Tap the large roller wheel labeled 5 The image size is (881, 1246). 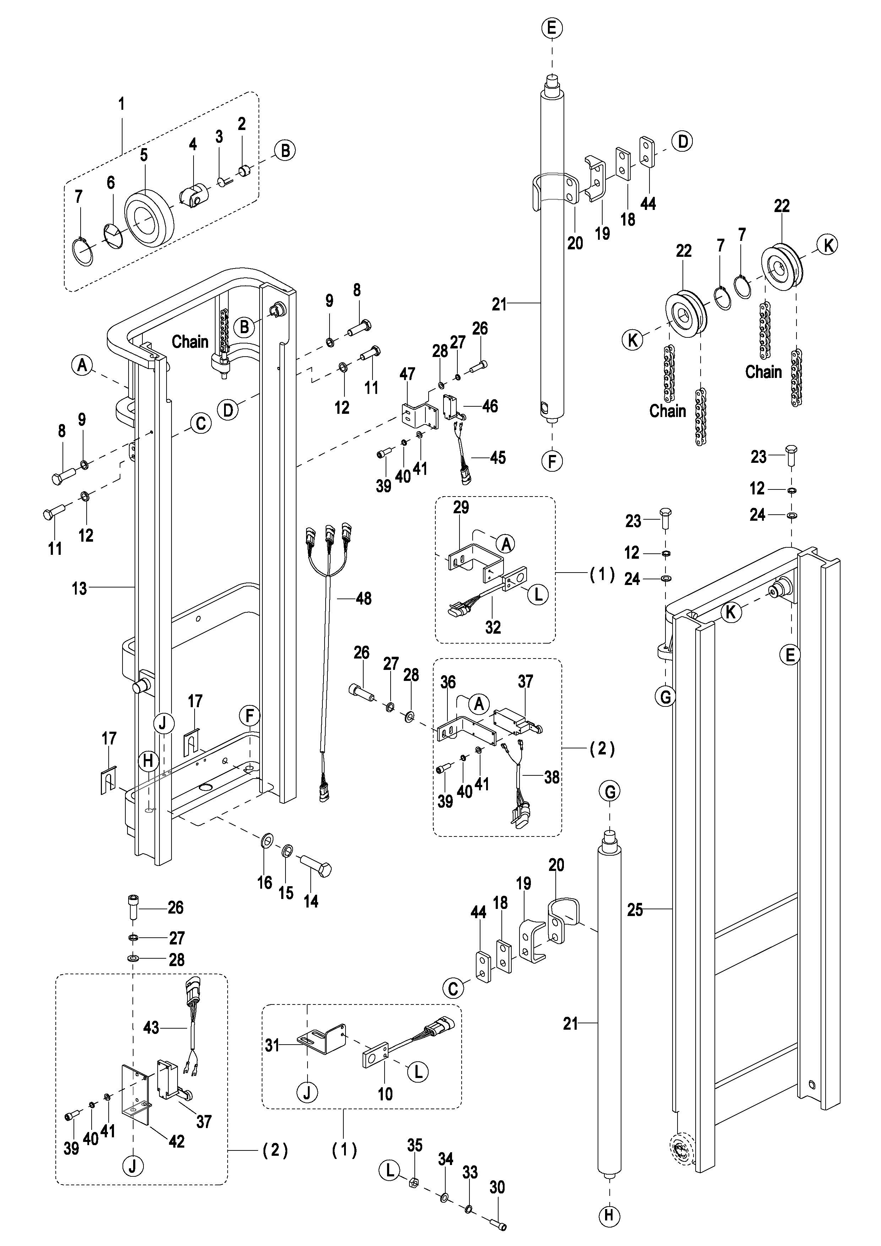click(149, 218)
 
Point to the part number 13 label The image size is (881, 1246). click(79, 588)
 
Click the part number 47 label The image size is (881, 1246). click(407, 374)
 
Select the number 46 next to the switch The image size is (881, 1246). click(490, 406)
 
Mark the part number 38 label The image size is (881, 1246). click(552, 777)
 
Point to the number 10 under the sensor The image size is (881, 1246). click(385, 1094)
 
